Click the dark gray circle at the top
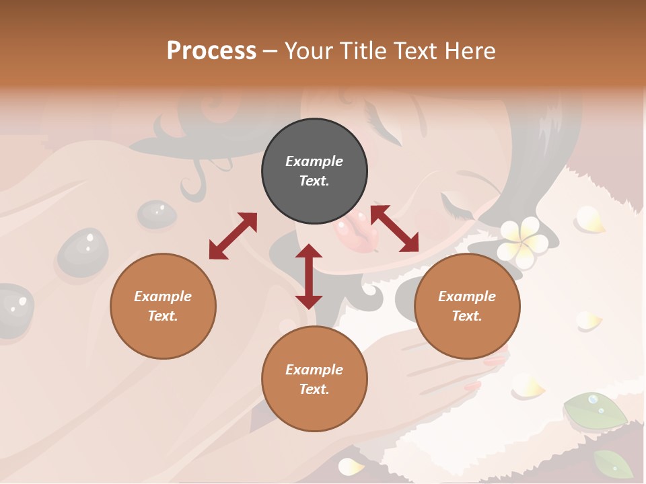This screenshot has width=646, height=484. click(314, 171)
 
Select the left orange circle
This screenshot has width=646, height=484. click(163, 306)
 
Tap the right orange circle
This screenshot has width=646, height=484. click(467, 306)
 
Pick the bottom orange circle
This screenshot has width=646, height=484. click(314, 379)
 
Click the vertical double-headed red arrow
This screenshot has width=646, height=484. click(309, 276)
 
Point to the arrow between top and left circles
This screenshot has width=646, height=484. click(233, 235)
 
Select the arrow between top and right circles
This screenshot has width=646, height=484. click(394, 229)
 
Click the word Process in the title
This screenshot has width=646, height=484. click(211, 50)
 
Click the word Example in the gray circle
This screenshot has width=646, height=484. click(314, 161)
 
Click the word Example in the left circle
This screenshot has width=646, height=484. click(163, 296)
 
